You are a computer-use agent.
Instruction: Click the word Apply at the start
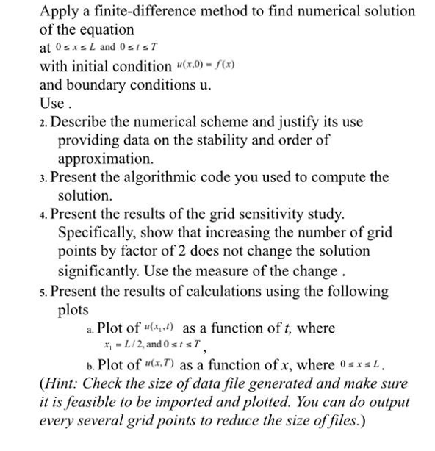[x=58, y=11]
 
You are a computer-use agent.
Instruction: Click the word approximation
[x=105, y=158]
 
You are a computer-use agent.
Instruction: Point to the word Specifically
[x=98, y=234]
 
